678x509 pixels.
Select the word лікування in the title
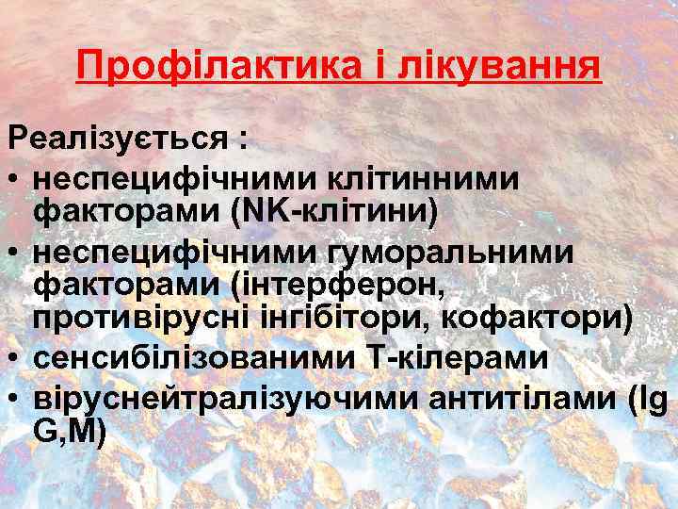click(x=500, y=67)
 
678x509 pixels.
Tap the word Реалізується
click(x=119, y=140)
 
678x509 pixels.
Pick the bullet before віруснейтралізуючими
click(x=15, y=397)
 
